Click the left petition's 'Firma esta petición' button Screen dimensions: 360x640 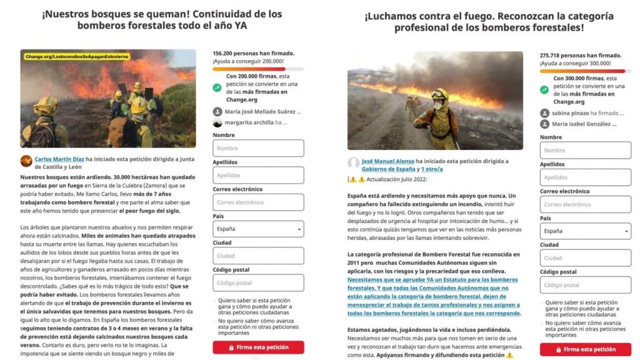click(258, 347)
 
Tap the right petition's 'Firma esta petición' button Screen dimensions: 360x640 click(585, 349)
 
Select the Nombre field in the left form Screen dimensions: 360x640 click(258, 148)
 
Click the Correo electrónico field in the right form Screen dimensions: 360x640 click(585, 204)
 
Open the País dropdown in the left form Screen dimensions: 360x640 click(258, 229)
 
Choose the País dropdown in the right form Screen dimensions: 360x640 click(585, 231)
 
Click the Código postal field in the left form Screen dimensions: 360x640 click(258, 283)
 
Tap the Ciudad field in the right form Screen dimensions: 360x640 click(585, 257)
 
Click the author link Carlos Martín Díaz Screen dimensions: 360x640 click(59, 159)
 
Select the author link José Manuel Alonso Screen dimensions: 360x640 click(387, 161)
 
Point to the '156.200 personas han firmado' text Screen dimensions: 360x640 click(253, 54)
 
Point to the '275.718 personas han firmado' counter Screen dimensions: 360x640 click(581, 56)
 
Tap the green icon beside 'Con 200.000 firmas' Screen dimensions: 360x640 click(217, 88)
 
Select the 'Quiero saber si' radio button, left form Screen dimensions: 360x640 click(215, 301)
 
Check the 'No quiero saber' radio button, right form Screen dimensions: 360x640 click(542, 324)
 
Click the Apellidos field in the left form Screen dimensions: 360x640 click(258, 176)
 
